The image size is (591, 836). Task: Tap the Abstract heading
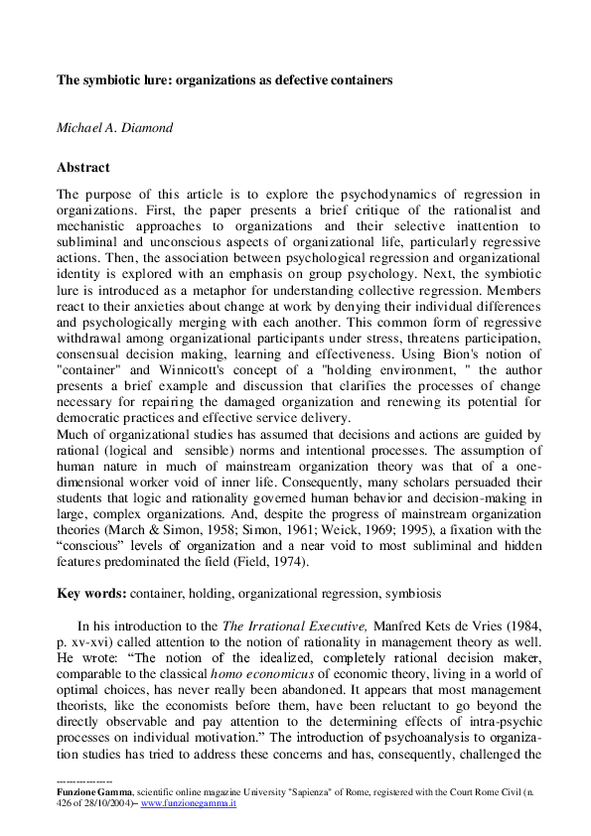coord(83,168)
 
